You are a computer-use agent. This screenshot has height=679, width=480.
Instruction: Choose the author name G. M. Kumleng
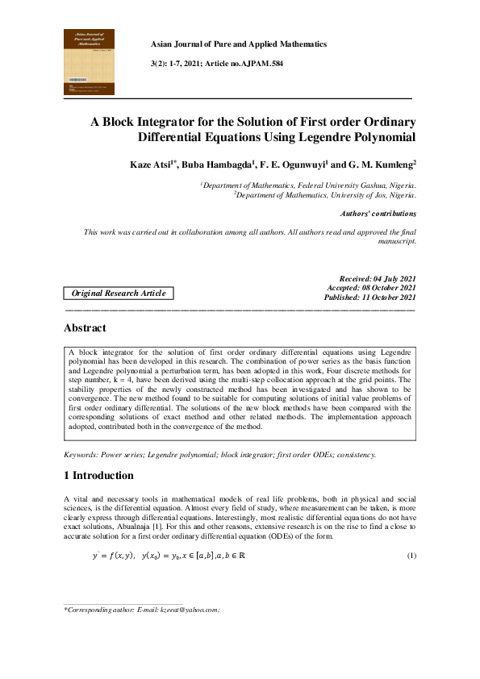click(x=384, y=165)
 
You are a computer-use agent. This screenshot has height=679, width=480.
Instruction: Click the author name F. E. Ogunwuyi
click(x=294, y=165)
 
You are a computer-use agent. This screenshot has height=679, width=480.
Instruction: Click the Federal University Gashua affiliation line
click(x=309, y=185)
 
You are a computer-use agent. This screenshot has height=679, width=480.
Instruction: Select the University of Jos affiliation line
click(x=325, y=194)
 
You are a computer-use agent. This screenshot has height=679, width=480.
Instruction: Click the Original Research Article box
click(x=119, y=294)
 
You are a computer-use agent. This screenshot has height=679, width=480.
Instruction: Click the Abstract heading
click(x=85, y=328)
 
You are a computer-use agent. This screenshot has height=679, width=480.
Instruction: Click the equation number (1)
click(x=411, y=556)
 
